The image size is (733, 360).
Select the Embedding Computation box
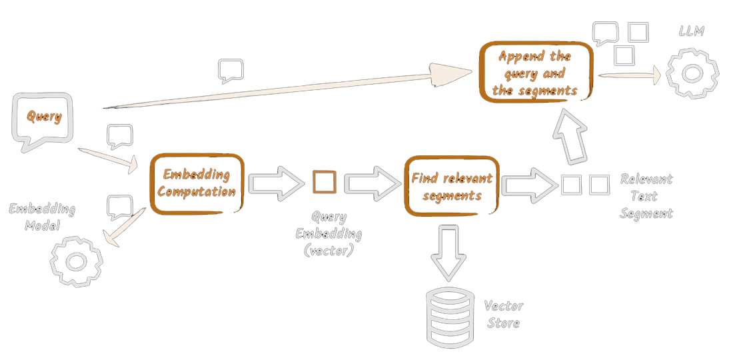click(x=197, y=183)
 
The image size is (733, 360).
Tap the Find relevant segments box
click(x=452, y=186)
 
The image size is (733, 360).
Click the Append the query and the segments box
click(x=535, y=73)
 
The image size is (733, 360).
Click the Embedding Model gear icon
click(x=75, y=262)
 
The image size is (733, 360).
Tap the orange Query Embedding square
click(x=324, y=181)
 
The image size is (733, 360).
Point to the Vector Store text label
click(x=503, y=315)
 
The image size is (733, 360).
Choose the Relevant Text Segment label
click(x=646, y=197)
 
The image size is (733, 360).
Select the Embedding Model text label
click(x=42, y=217)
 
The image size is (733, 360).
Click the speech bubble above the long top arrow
click(x=231, y=70)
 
